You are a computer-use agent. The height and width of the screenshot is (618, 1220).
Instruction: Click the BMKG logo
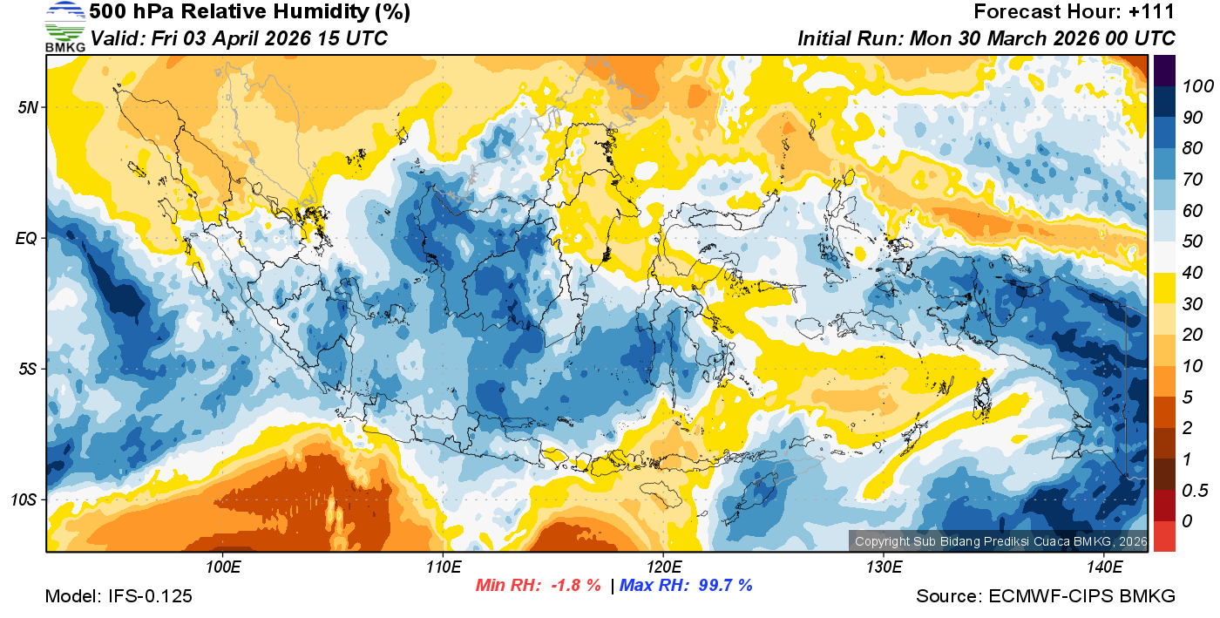64,27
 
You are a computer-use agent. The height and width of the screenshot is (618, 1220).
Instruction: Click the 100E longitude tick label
223,567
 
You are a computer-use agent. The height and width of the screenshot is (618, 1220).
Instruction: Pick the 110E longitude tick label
444,567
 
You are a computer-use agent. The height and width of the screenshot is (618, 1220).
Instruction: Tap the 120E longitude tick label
663,567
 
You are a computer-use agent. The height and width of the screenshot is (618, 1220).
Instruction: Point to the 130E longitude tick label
884,567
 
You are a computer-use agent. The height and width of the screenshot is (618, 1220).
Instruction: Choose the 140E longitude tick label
1103,567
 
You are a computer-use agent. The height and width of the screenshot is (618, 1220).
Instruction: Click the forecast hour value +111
1152,12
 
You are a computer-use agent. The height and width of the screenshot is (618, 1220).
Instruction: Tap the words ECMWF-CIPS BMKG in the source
1082,596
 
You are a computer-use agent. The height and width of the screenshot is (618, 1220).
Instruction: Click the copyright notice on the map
999,541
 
